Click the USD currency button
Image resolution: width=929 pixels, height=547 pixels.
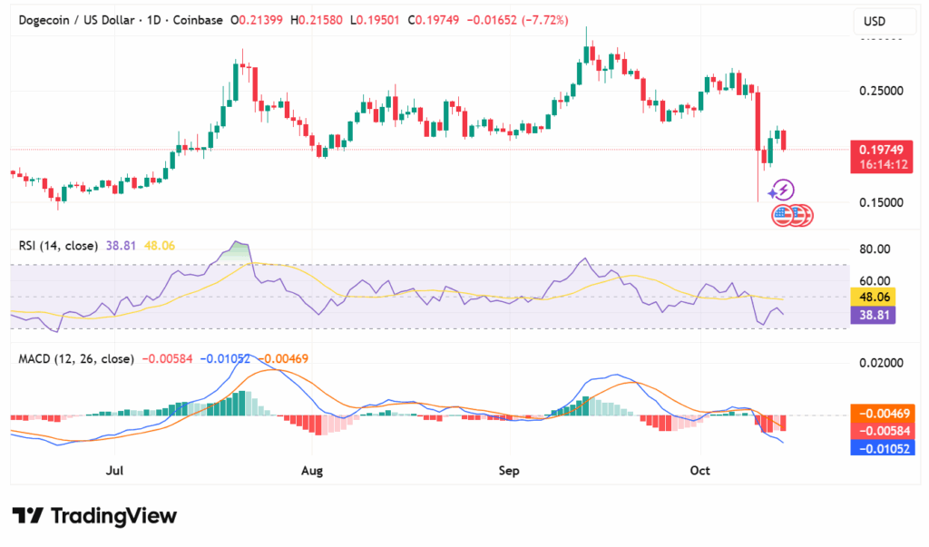(875, 22)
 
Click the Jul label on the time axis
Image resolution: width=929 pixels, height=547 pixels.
(114, 471)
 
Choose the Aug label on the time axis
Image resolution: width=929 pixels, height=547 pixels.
(312, 471)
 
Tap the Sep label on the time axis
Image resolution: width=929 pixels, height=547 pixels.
(509, 471)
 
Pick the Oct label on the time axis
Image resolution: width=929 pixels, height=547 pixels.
(699, 471)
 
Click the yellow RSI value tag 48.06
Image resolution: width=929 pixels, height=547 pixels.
(875, 297)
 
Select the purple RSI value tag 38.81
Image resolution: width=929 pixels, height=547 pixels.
(875, 315)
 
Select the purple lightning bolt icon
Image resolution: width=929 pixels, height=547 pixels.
(783, 190)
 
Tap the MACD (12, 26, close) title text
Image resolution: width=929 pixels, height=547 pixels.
(76, 358)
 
